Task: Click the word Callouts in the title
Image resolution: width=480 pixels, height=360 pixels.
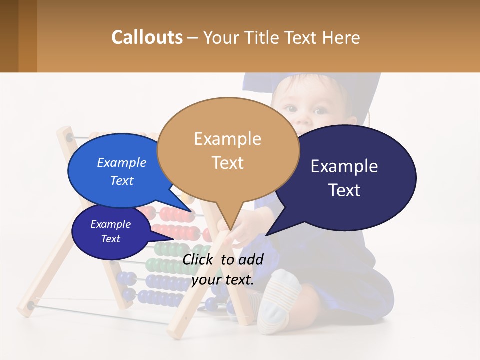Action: click(147, 37)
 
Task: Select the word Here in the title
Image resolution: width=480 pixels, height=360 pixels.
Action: click(340, 38)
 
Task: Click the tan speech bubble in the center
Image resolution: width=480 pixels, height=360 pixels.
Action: click(228, 150)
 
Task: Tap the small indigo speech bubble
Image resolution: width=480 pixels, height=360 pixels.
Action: click(111, 231)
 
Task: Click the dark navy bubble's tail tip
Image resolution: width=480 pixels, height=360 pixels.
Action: click(267, 235)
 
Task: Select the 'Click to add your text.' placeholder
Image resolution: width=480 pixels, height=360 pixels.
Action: click(223, 269)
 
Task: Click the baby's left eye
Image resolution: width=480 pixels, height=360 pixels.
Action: click(320, 110)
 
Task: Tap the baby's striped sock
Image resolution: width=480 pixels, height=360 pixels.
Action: click(277, 300)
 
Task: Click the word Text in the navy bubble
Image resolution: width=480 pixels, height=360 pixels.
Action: click(345, 190)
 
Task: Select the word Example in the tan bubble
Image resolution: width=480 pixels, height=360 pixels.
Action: click(228, 139)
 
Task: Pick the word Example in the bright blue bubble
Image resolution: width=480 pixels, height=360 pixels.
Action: click(122, 162)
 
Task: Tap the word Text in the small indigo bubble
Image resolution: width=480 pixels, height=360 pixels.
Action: click(111, 239)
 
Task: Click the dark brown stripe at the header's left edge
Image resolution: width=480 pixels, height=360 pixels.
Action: click(9, 36)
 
